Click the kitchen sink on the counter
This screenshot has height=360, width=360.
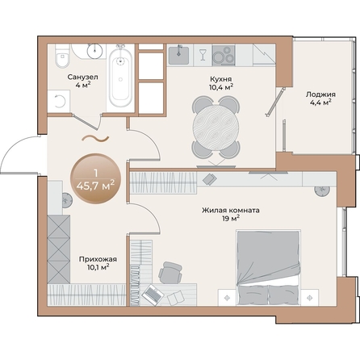[180, 56]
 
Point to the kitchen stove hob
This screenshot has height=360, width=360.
[225, 56]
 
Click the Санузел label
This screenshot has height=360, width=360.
[83, 77]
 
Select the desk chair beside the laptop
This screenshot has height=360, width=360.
[169, 272]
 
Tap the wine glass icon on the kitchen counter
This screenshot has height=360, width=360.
[202, 56]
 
